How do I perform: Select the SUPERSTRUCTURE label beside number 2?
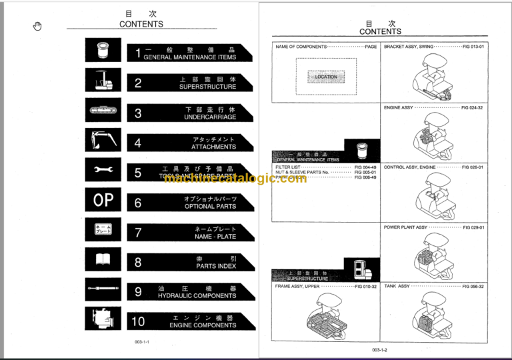(x=207, y=87)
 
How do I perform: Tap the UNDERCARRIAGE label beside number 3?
(x=209, y=117)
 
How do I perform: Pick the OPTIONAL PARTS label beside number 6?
(x=210, y=207)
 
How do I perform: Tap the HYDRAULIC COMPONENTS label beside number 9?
(x=197, y=295)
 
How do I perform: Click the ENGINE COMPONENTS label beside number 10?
(x=203, y=325)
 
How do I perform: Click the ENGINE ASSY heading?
(x=398, y=107)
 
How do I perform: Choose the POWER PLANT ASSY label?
(x=405, y=227)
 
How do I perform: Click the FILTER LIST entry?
(x=288, y=167)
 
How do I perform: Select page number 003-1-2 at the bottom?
(x=379, y=349)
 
